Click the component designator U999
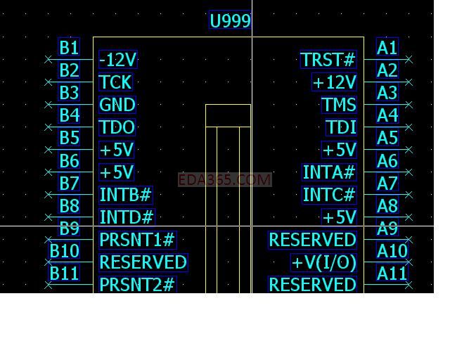coord(230,20)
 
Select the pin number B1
coord(69,48)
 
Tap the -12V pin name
coord(118,59)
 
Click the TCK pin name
coord(115,82)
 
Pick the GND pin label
coord(117,105)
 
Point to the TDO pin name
coord(117,127)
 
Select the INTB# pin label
coord(126,195)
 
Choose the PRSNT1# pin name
coord(137,240)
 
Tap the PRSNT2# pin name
coord(137,285)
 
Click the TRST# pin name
coord(328,60)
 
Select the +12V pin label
coord(335,82)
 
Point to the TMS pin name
coord(339,105)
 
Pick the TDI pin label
coord(342,127)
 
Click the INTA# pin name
coord(329,172)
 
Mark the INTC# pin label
coord(329,195)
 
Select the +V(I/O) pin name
coord(324,262)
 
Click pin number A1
coord(387,48)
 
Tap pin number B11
coord(64,273)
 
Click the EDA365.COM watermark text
coord(224,180)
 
